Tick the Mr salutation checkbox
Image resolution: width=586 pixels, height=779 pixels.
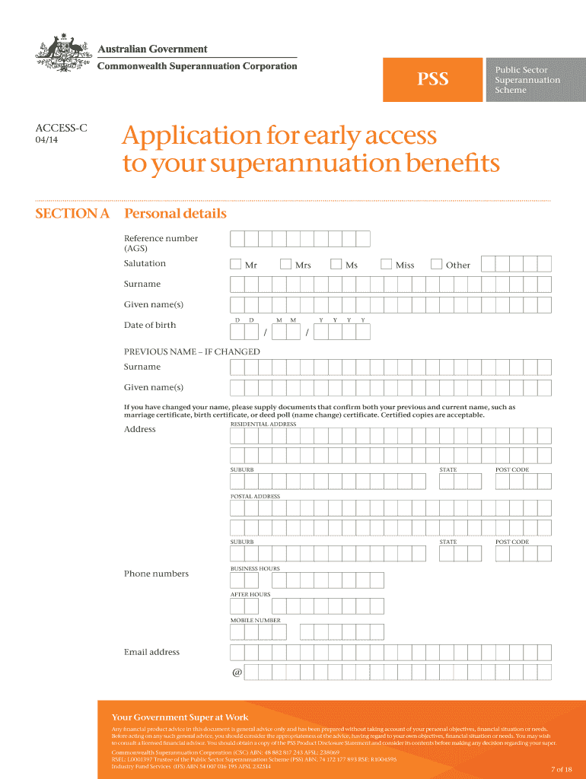(x=236, y=265)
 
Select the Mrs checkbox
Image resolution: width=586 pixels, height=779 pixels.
(x=286, y=265)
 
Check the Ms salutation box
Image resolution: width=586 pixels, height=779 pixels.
(x=336, y=265)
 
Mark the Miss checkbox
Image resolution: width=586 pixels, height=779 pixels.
(x=387, y=265)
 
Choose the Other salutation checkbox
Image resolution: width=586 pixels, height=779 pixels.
(x=437, y=265)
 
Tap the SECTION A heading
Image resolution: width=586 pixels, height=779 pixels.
(x=73, y=214)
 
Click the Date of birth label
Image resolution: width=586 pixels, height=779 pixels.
(x=150, y=326)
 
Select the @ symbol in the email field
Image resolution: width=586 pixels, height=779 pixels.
(x=237, y=672)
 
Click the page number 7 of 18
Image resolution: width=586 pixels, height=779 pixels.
(x=561, y=769)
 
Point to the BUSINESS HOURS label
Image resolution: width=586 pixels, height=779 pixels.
(x=255, y=569)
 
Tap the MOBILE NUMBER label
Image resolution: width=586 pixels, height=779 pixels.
(x=256, y=621)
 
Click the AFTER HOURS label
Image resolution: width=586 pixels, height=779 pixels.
(x=250, y=595)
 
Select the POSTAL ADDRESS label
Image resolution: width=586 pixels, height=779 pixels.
(x=255, y=497)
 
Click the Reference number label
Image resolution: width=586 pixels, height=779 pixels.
(x=161, y=239)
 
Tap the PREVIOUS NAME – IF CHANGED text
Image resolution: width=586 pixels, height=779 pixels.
(x=192, y=352)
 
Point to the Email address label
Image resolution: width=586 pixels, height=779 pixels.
(x=152, y=653)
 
